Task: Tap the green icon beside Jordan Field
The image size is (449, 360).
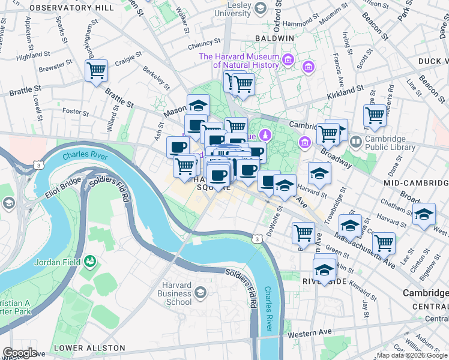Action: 90,261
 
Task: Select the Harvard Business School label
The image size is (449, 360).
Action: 175,298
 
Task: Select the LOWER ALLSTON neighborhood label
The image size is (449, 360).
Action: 89,348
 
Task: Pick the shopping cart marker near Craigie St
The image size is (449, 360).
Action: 96,71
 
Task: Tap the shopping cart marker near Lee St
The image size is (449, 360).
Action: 384,242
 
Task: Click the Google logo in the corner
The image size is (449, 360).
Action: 20,353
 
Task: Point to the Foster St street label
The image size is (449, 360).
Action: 76,112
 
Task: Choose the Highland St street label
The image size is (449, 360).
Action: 30,56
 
